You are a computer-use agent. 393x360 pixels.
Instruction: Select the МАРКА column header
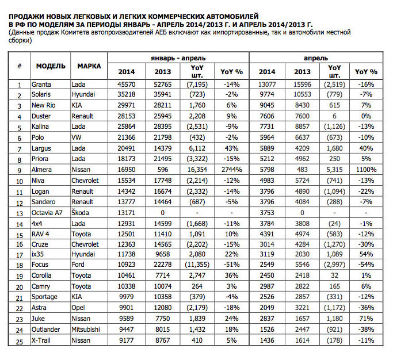[89, 66]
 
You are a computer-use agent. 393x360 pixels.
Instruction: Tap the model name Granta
[42, 85]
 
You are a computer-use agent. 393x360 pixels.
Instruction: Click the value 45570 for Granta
[127, 85]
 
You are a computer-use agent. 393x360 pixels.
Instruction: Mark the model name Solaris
[43, 95]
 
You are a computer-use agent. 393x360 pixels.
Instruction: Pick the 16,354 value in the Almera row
[199, 170]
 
